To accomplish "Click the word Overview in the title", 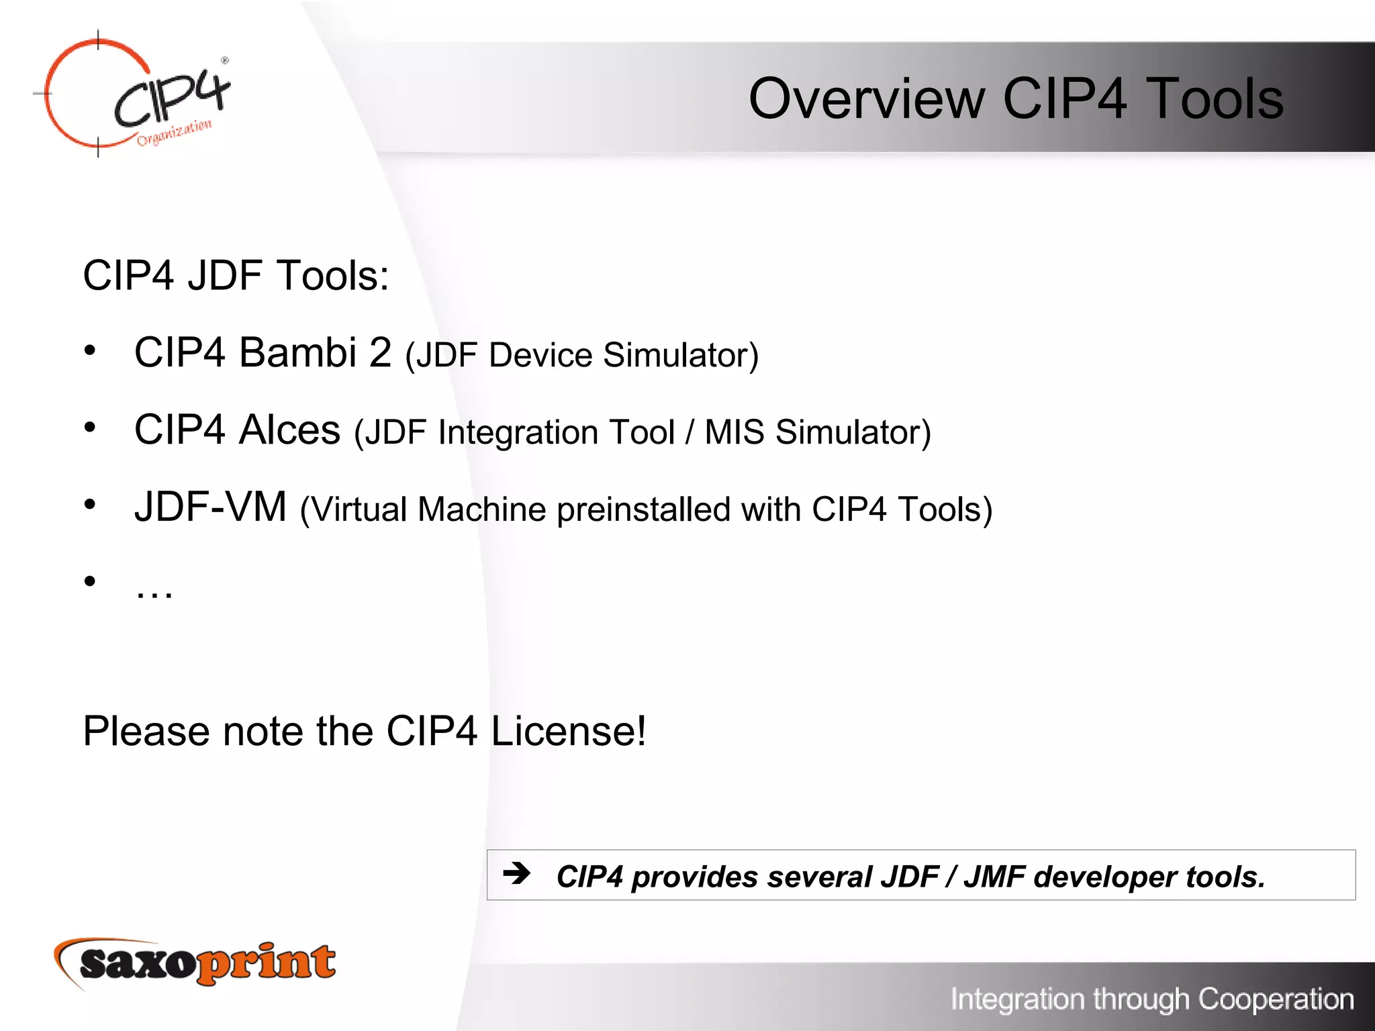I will pos(866,99).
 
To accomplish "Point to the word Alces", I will pos(289,430).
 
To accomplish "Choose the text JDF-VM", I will pos(210,507).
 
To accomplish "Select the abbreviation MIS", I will pos(734,433).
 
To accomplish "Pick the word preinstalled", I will pos(643,510).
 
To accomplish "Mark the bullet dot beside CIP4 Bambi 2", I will pos(90,350).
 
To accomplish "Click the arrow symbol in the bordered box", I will pos(516,873).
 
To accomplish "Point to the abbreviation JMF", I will pos(994,877).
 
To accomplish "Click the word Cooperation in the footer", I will pos(1276,999).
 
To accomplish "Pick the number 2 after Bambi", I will pos(380,352).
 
